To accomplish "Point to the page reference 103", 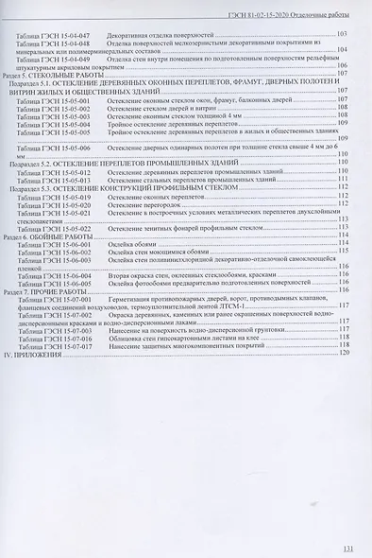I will click(342, 34).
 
